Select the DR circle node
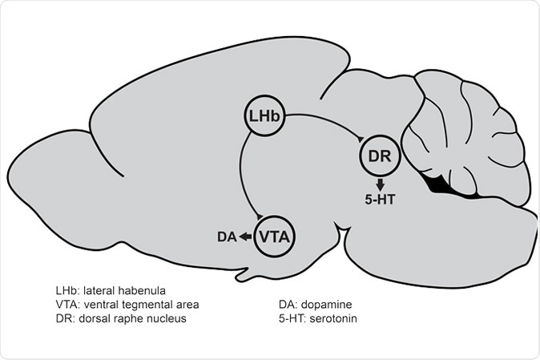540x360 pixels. pos(381,156)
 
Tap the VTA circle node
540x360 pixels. pos(275,236)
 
